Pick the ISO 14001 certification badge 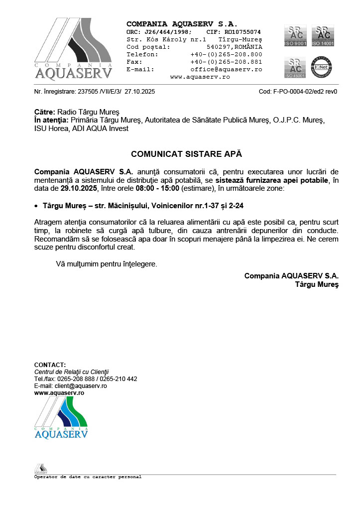tap(322, 35)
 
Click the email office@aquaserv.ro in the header tap(226, 69)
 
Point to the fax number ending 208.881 tap(226, 62)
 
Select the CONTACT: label tap(50, 365)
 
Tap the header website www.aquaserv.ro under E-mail tap(200, 77)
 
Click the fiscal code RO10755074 tap(241, 31)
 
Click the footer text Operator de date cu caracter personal tap(88, 477)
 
